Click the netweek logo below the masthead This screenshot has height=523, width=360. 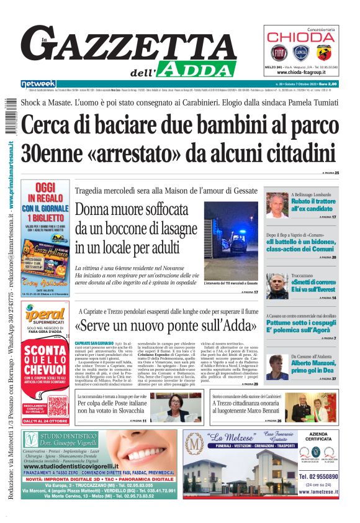[38, 84]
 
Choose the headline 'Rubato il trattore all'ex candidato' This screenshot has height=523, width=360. [314, 205]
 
